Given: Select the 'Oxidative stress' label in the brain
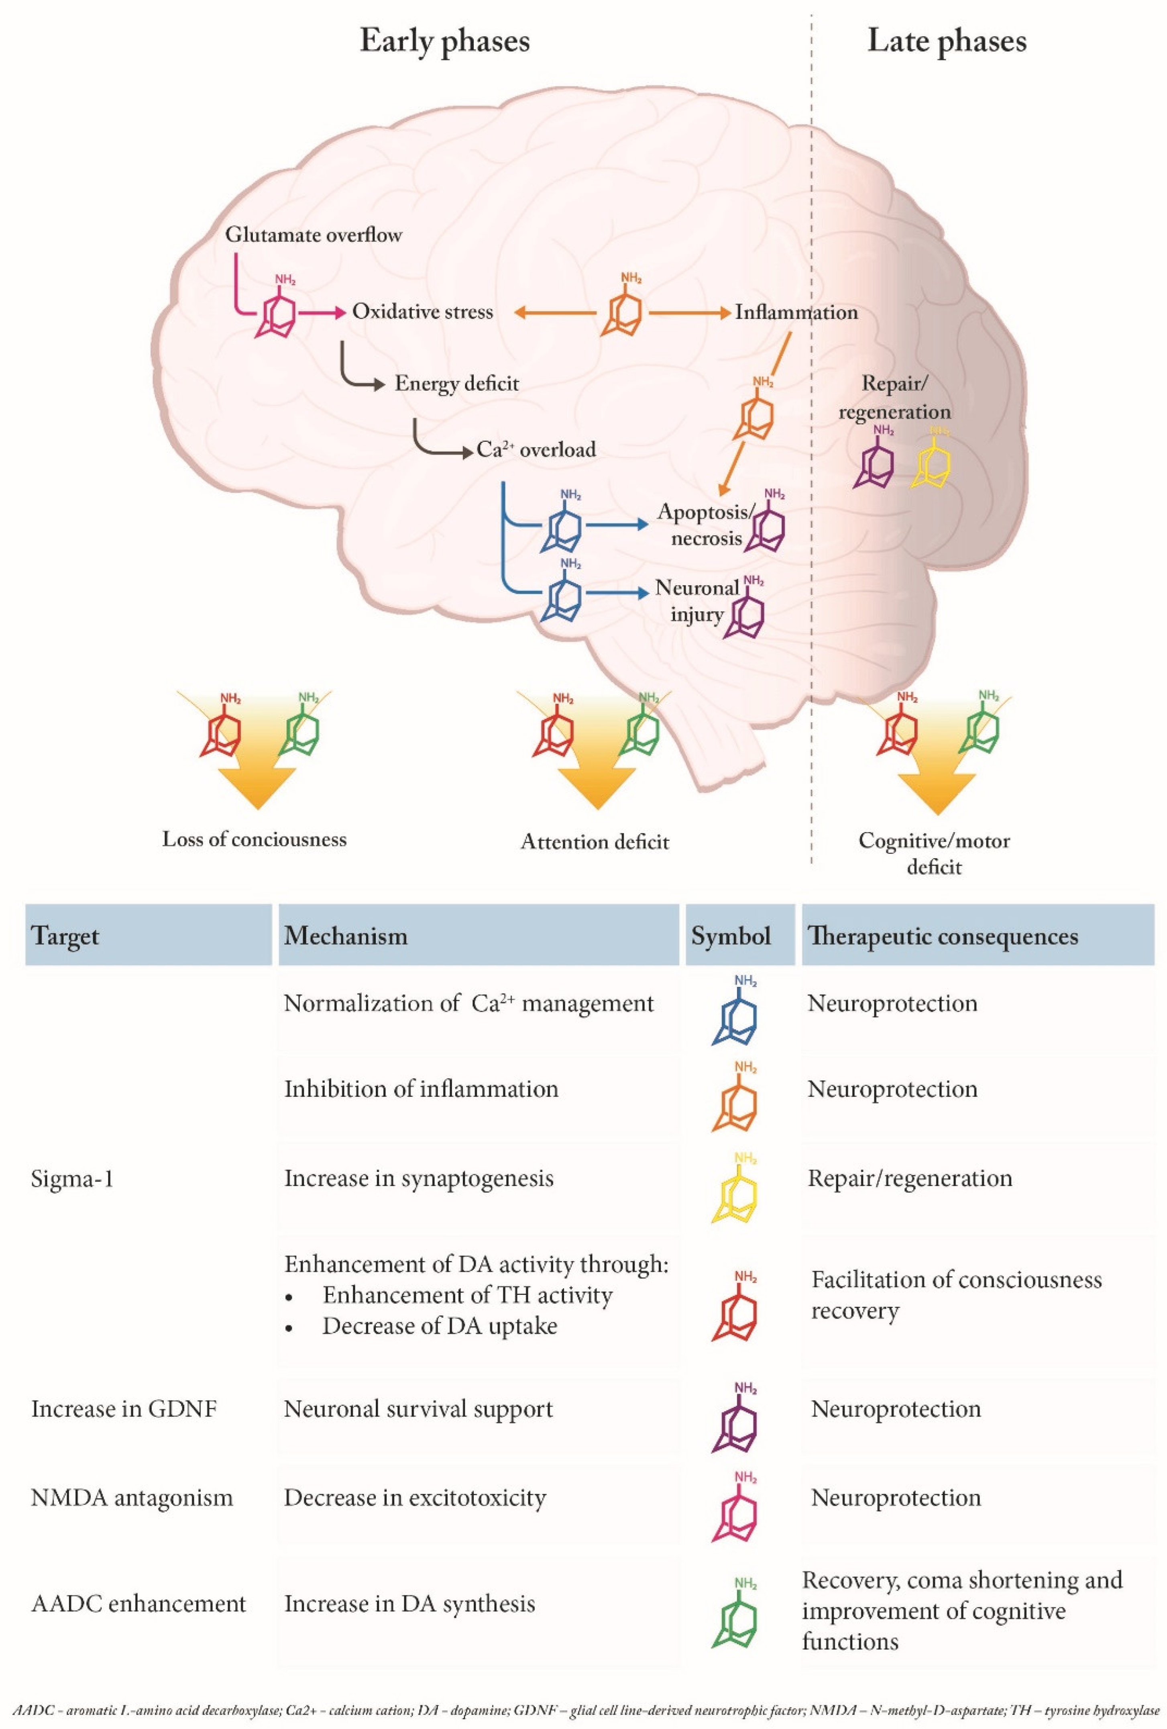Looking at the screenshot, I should [422, 312].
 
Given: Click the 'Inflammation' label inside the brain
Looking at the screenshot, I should [796, 312].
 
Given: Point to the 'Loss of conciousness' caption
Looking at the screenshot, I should [255, 840].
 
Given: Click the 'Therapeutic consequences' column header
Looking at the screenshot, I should [942, 936].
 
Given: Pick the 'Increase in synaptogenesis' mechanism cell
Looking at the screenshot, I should [419, 1178].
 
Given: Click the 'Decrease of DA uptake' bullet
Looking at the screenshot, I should [440, 1326].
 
